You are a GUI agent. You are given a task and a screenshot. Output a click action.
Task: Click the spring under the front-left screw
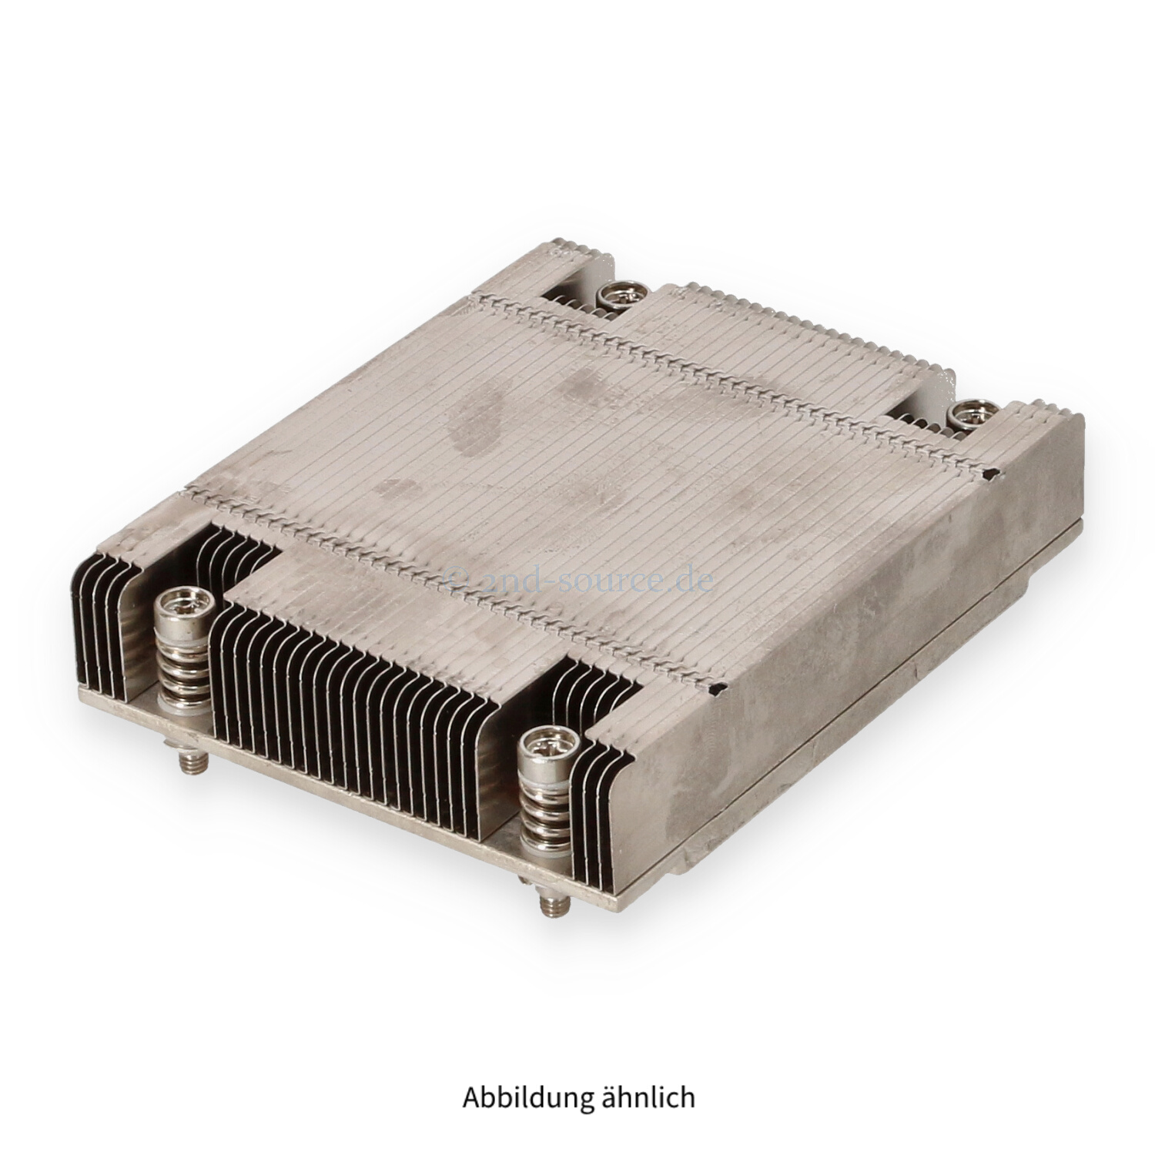[x=182, y=661]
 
